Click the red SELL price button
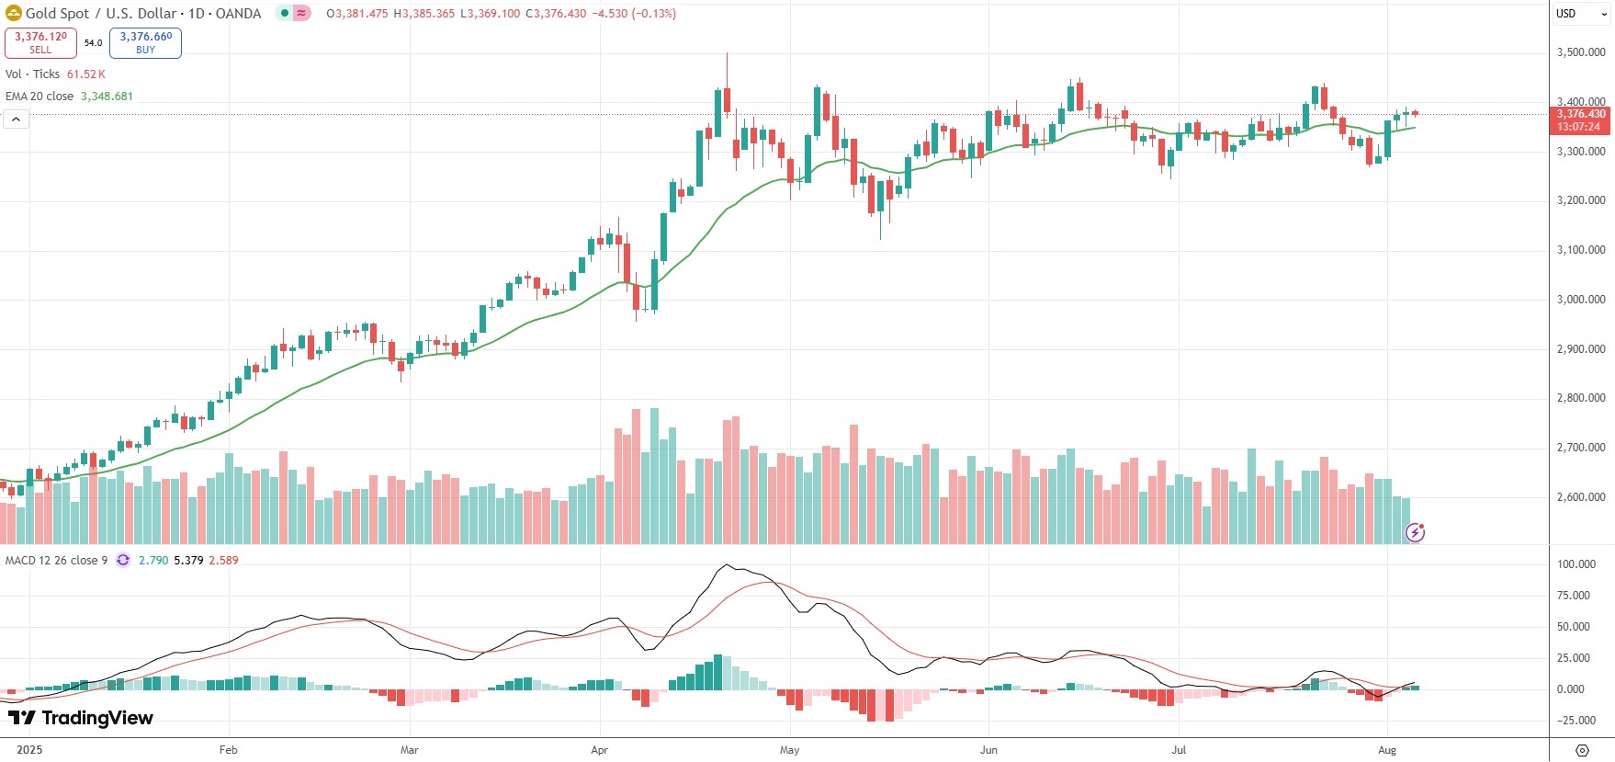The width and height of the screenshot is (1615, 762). (40, 42)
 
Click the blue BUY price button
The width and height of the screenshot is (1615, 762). (145, 42)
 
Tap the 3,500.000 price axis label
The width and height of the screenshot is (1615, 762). (1580, 52)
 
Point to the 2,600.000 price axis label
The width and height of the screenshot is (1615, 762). (1580, 497)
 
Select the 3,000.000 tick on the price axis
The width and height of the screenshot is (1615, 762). (1580, 300)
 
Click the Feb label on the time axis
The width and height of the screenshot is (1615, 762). (229, 750)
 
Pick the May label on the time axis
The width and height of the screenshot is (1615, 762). (789, 750)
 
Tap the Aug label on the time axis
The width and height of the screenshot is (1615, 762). (1387, 750)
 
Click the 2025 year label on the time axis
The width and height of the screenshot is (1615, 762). (29, 750)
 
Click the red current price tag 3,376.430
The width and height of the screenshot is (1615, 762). (1580, 115)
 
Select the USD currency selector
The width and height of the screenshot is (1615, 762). (1566, 14)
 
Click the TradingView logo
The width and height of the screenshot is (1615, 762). (81, 718)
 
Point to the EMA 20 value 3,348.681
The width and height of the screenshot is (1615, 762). (107, 97)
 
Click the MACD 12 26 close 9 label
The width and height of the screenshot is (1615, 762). (56, 561)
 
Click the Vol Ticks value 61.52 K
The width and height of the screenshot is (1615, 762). (85, 74)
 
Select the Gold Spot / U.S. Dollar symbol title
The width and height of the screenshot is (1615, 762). (142, 14)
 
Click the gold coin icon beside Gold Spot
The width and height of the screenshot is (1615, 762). (14, 14)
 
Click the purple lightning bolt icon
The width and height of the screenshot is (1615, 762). (1416, 532)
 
